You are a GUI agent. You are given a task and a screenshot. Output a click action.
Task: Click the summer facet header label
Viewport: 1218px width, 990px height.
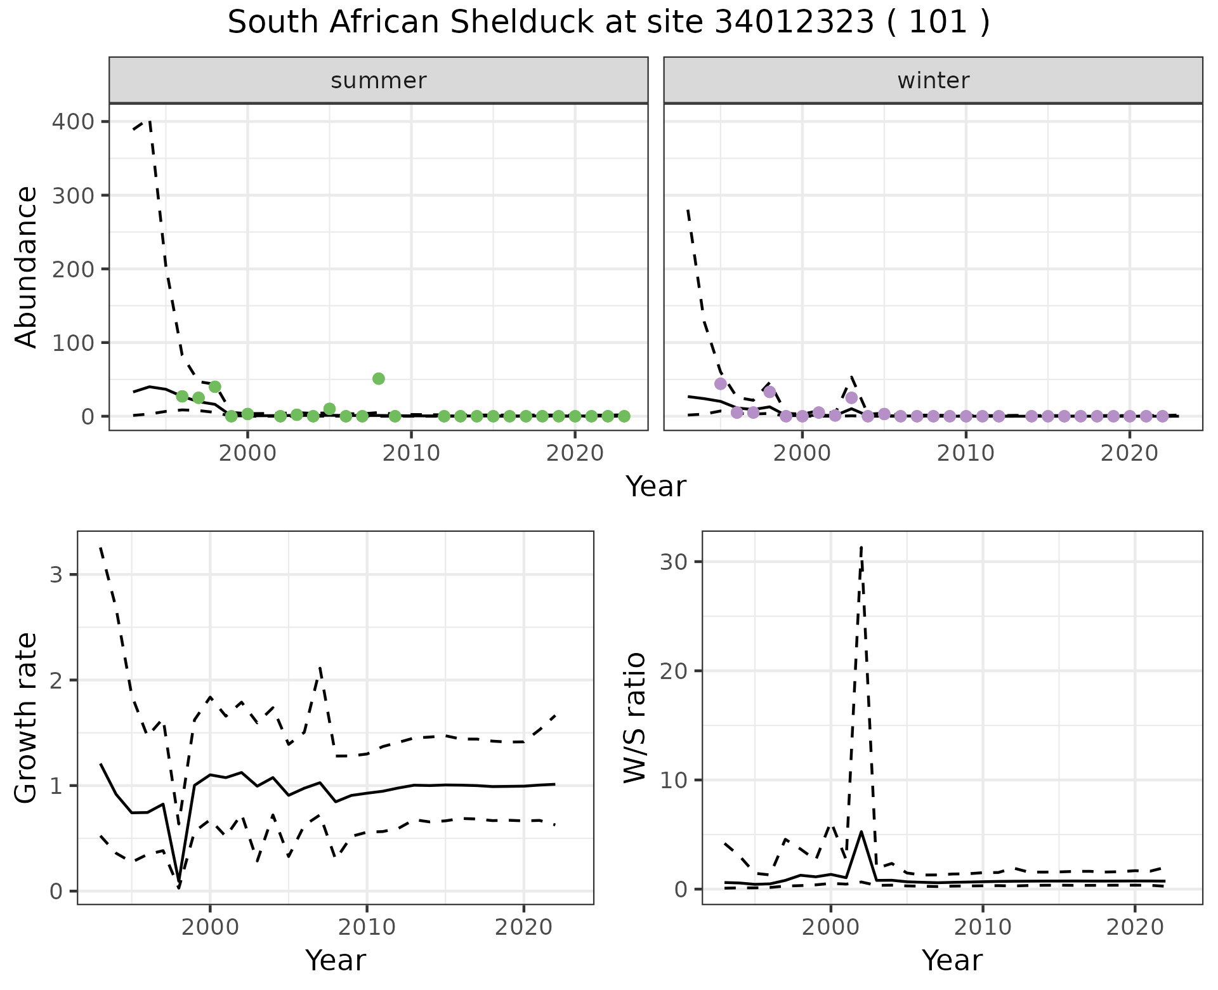[379, 81]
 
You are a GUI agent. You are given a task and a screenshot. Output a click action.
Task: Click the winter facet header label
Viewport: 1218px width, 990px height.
[933, 81]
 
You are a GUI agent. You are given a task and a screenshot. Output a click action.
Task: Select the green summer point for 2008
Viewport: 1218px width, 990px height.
[379, 379]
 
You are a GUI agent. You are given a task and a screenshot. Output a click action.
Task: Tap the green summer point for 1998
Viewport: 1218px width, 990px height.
[215, 386]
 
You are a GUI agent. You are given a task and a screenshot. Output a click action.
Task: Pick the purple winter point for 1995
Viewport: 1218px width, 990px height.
[720, 384]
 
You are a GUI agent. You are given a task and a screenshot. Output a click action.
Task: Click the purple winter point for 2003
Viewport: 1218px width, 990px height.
[851, 398]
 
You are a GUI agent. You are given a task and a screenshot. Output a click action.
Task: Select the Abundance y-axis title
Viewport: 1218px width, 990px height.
[27, 267]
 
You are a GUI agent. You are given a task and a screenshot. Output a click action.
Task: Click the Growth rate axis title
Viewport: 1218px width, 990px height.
[27, 718]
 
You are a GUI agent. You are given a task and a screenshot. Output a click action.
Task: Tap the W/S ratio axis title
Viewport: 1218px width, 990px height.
[635, 718]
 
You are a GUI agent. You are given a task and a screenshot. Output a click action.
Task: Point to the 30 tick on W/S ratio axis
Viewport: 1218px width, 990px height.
[674, 562]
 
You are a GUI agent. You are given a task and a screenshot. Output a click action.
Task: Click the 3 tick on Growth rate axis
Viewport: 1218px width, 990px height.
[55, 575]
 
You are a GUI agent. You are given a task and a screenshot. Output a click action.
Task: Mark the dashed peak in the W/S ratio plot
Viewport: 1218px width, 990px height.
[861, 547]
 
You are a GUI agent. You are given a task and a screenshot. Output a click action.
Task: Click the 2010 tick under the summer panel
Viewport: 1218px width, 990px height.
[411, 454]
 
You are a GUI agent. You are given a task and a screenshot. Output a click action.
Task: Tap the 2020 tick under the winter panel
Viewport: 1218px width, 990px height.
[1129, 454]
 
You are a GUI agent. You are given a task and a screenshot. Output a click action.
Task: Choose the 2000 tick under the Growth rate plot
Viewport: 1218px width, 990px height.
[210, 927]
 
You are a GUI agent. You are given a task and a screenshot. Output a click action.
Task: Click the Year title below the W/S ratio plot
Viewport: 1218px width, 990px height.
[952, 960]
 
